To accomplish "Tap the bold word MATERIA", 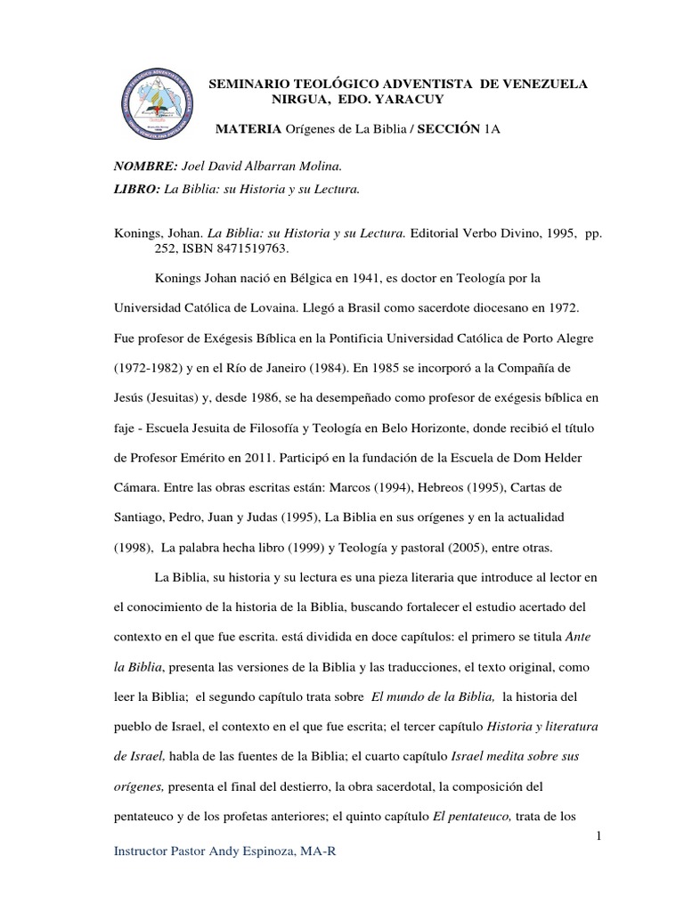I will tap(248, 130).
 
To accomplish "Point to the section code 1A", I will tap(493, 130).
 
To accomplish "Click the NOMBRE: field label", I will tap(144, 167).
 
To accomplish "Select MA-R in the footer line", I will tap(318, 851).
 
